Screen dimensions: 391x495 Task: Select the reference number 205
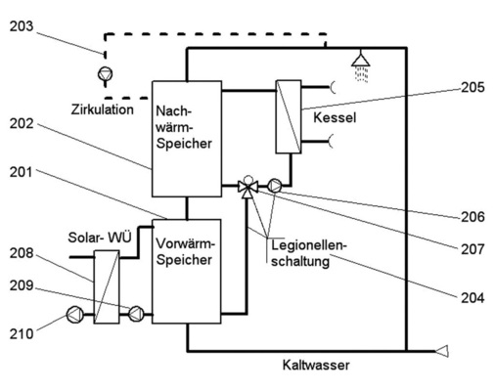point(472,87)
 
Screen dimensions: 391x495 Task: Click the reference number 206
point(472,215)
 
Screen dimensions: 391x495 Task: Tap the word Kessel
point(335,116)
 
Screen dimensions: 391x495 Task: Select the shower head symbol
point(362,64)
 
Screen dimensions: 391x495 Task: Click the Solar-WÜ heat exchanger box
point(106,284)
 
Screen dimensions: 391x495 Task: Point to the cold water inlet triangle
point(444,350)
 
